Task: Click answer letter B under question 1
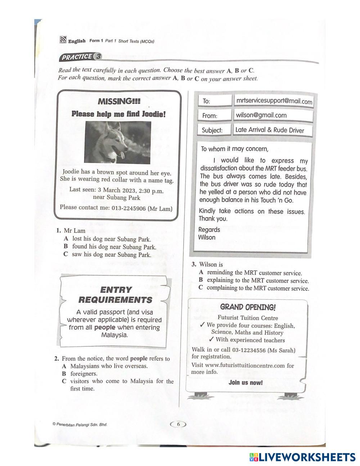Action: (66, 247)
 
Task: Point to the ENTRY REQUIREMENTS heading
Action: (115, 295)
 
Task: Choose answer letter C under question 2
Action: (64, 381)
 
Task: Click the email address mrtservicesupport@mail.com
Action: (274, 101)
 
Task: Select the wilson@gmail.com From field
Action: (261, 115)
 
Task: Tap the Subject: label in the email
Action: (212, 130)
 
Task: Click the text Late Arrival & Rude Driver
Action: (270, 130)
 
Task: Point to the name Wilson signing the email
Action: (207, 237)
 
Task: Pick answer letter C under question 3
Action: (201, 288)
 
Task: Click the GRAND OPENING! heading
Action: (248, 307)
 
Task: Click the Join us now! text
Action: (246, 382)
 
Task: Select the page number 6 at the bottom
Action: (178, 424)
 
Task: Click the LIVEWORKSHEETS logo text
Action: (307, 457)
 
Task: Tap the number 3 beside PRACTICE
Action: (98, 57)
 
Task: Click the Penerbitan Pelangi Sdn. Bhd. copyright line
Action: (80, 424)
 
